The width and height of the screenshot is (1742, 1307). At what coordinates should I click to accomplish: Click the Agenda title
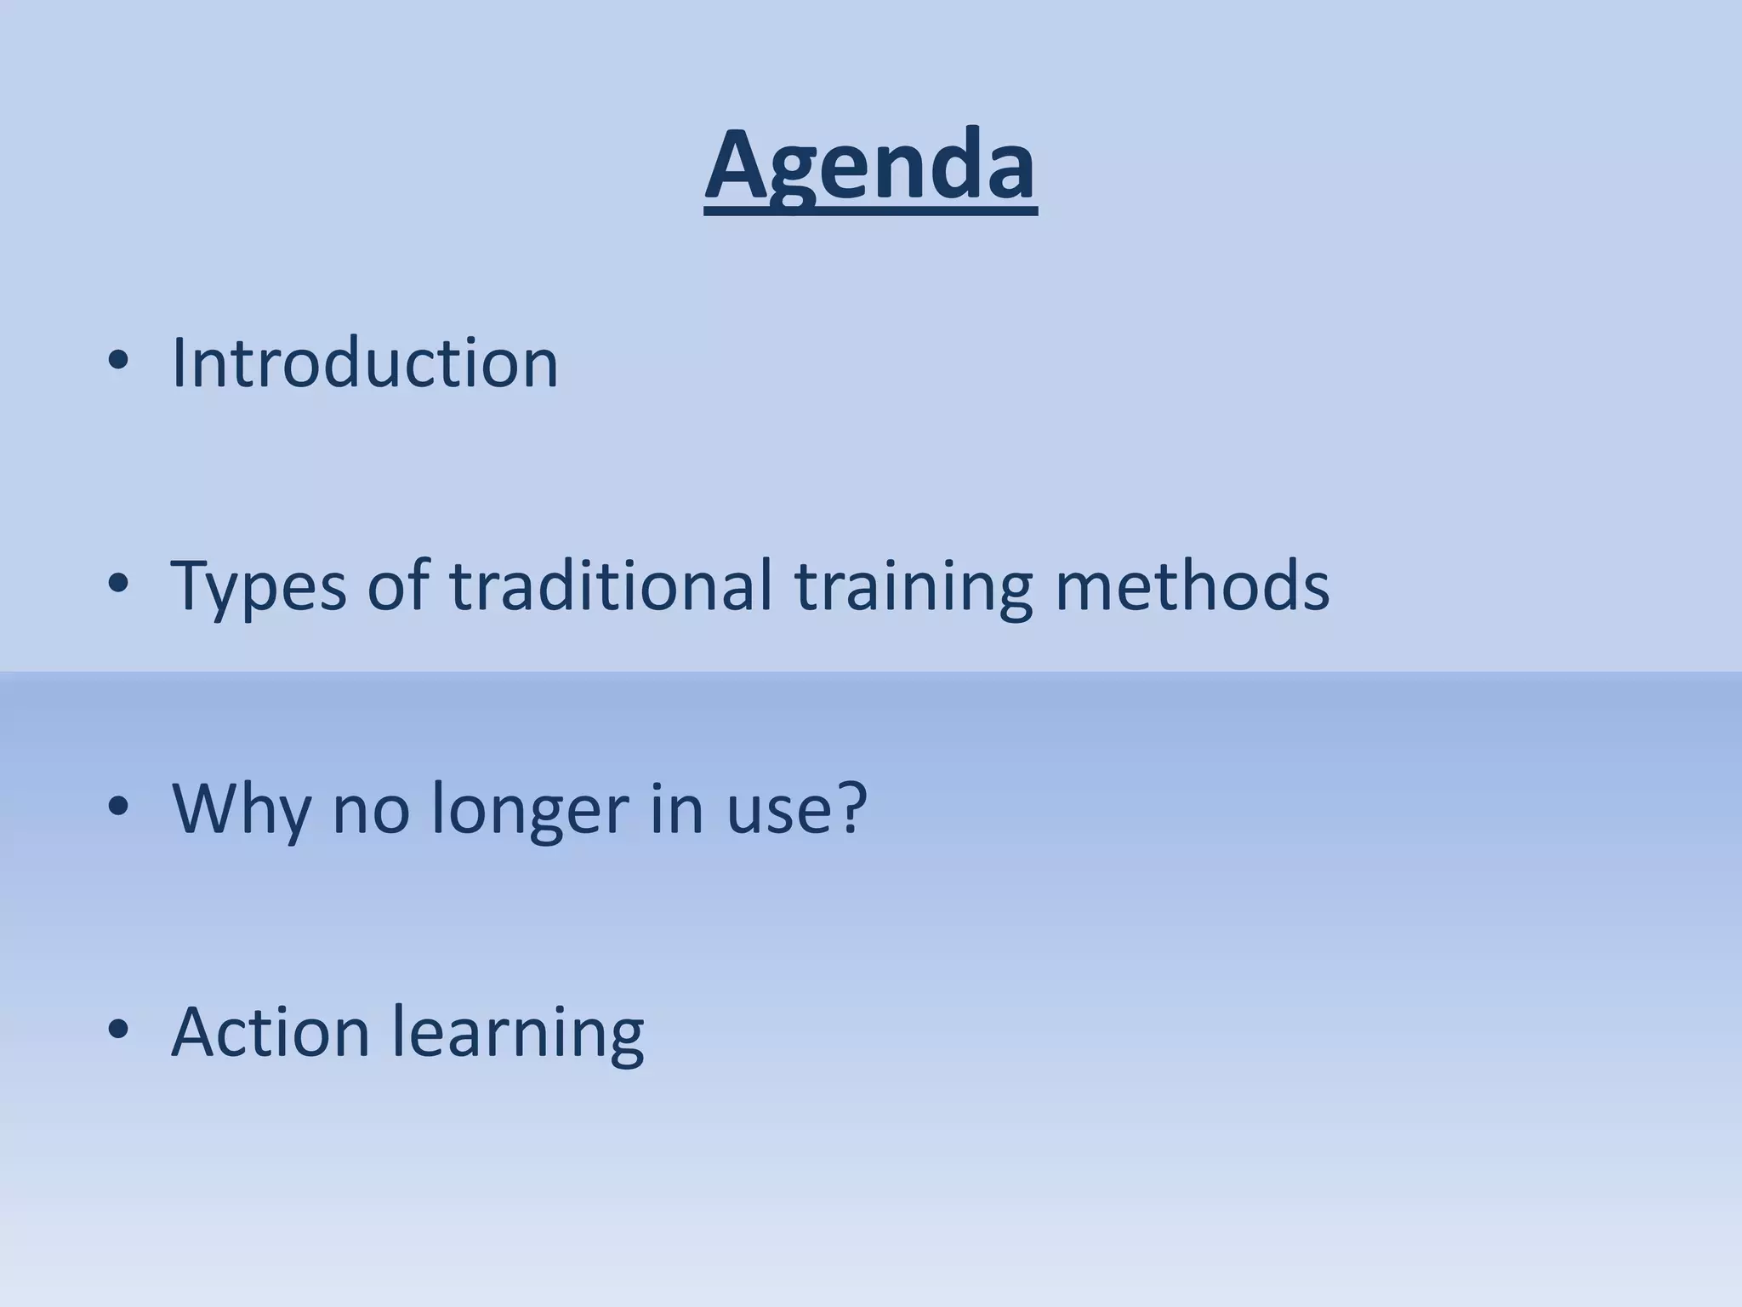point(870,166)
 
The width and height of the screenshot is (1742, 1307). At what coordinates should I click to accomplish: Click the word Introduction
point(365,363)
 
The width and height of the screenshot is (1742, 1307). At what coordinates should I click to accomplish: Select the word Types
point(259,587)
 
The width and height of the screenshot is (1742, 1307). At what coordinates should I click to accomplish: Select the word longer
point(530,810)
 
